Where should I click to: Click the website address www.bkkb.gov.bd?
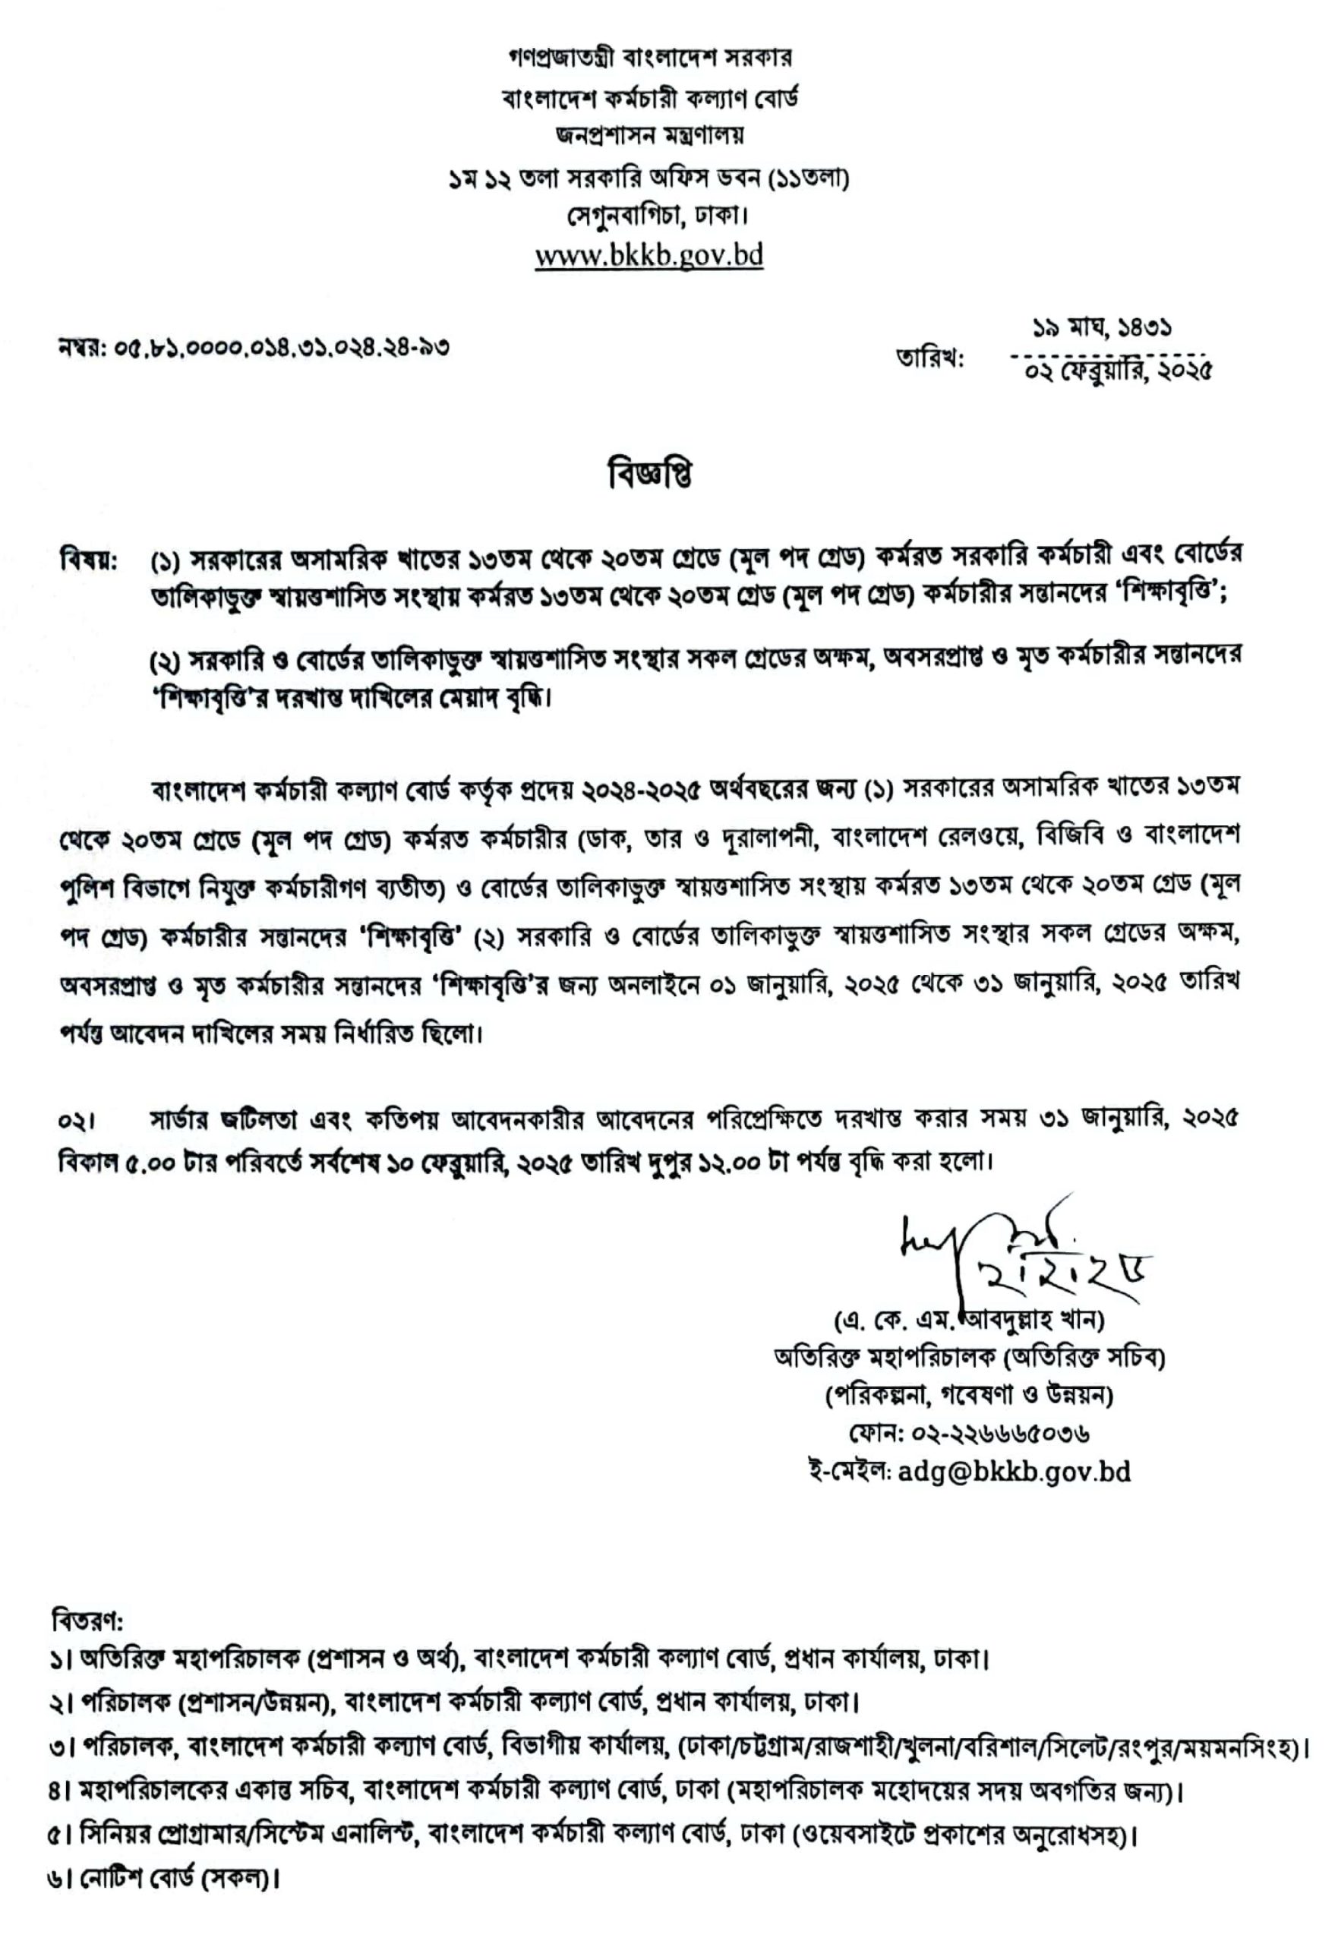point(649,255)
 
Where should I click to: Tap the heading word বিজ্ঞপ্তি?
point(651,475)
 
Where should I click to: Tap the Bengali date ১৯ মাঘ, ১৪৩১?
point(1102,328)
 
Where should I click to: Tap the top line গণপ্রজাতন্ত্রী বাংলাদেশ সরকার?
point(651,58)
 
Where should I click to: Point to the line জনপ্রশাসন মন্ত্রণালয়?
point(649,135)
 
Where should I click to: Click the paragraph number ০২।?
point(77,1121)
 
